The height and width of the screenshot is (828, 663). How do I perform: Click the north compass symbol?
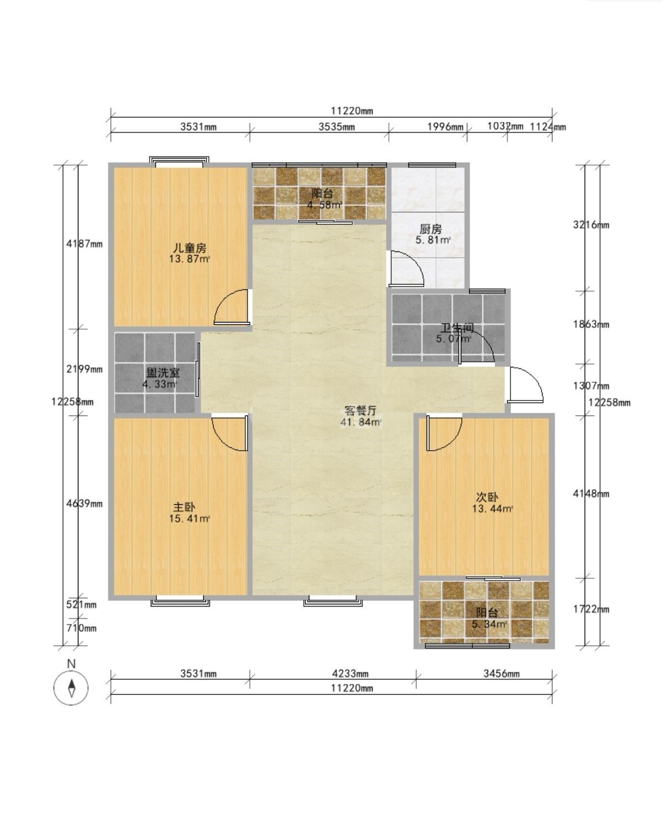coord(71,688)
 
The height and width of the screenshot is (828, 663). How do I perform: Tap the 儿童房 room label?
coord(190,247)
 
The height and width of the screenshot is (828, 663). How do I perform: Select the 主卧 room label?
coord(184,507)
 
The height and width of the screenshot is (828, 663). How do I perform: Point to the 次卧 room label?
coord(487,497)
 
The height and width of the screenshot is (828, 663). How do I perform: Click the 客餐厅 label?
coord(361,410)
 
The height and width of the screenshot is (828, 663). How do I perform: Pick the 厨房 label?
coord(430,229)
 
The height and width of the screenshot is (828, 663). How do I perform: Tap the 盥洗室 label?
coord(163,372)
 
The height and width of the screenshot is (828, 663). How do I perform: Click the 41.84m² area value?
coord(361,422)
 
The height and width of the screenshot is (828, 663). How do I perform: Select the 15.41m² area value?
coord(190,519)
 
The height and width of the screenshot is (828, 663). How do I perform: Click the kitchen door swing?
coord(406,268)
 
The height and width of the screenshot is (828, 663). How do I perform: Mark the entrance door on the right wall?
coord(524,385)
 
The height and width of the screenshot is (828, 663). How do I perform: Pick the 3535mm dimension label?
coord(336,126)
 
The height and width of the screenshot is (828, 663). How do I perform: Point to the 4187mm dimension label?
coord(85,244)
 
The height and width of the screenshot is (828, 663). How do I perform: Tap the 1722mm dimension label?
coord(591,609)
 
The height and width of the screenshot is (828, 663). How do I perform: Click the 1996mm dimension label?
coord(445,126)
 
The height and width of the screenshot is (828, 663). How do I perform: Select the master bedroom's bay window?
coord(180,601)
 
